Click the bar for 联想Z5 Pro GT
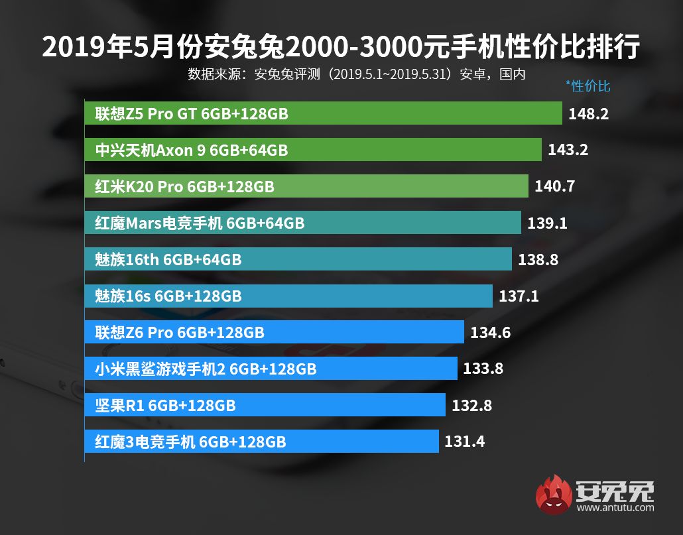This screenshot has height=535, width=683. (323, 114)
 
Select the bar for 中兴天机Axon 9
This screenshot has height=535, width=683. (313, 150)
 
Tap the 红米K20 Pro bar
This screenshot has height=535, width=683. (306, 187)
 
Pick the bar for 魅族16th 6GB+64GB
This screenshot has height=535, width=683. (298, 259)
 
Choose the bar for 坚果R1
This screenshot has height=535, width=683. (265, 405)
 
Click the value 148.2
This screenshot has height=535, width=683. (588, 114)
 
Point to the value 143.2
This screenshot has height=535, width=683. (568, 150)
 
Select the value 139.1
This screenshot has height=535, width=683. (547, 223)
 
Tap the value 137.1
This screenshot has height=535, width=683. (519, 296)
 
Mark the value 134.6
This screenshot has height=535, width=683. (490, 332)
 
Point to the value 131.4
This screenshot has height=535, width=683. (464, 441)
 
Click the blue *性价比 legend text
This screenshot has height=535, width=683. (588, 86)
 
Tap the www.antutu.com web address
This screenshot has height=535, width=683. (615, 508)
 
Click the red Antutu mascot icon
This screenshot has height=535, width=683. (554, 495)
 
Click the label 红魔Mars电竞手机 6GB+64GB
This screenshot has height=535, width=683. (200, 223)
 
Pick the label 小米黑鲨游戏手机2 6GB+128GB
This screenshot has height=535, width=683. (206, 369)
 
